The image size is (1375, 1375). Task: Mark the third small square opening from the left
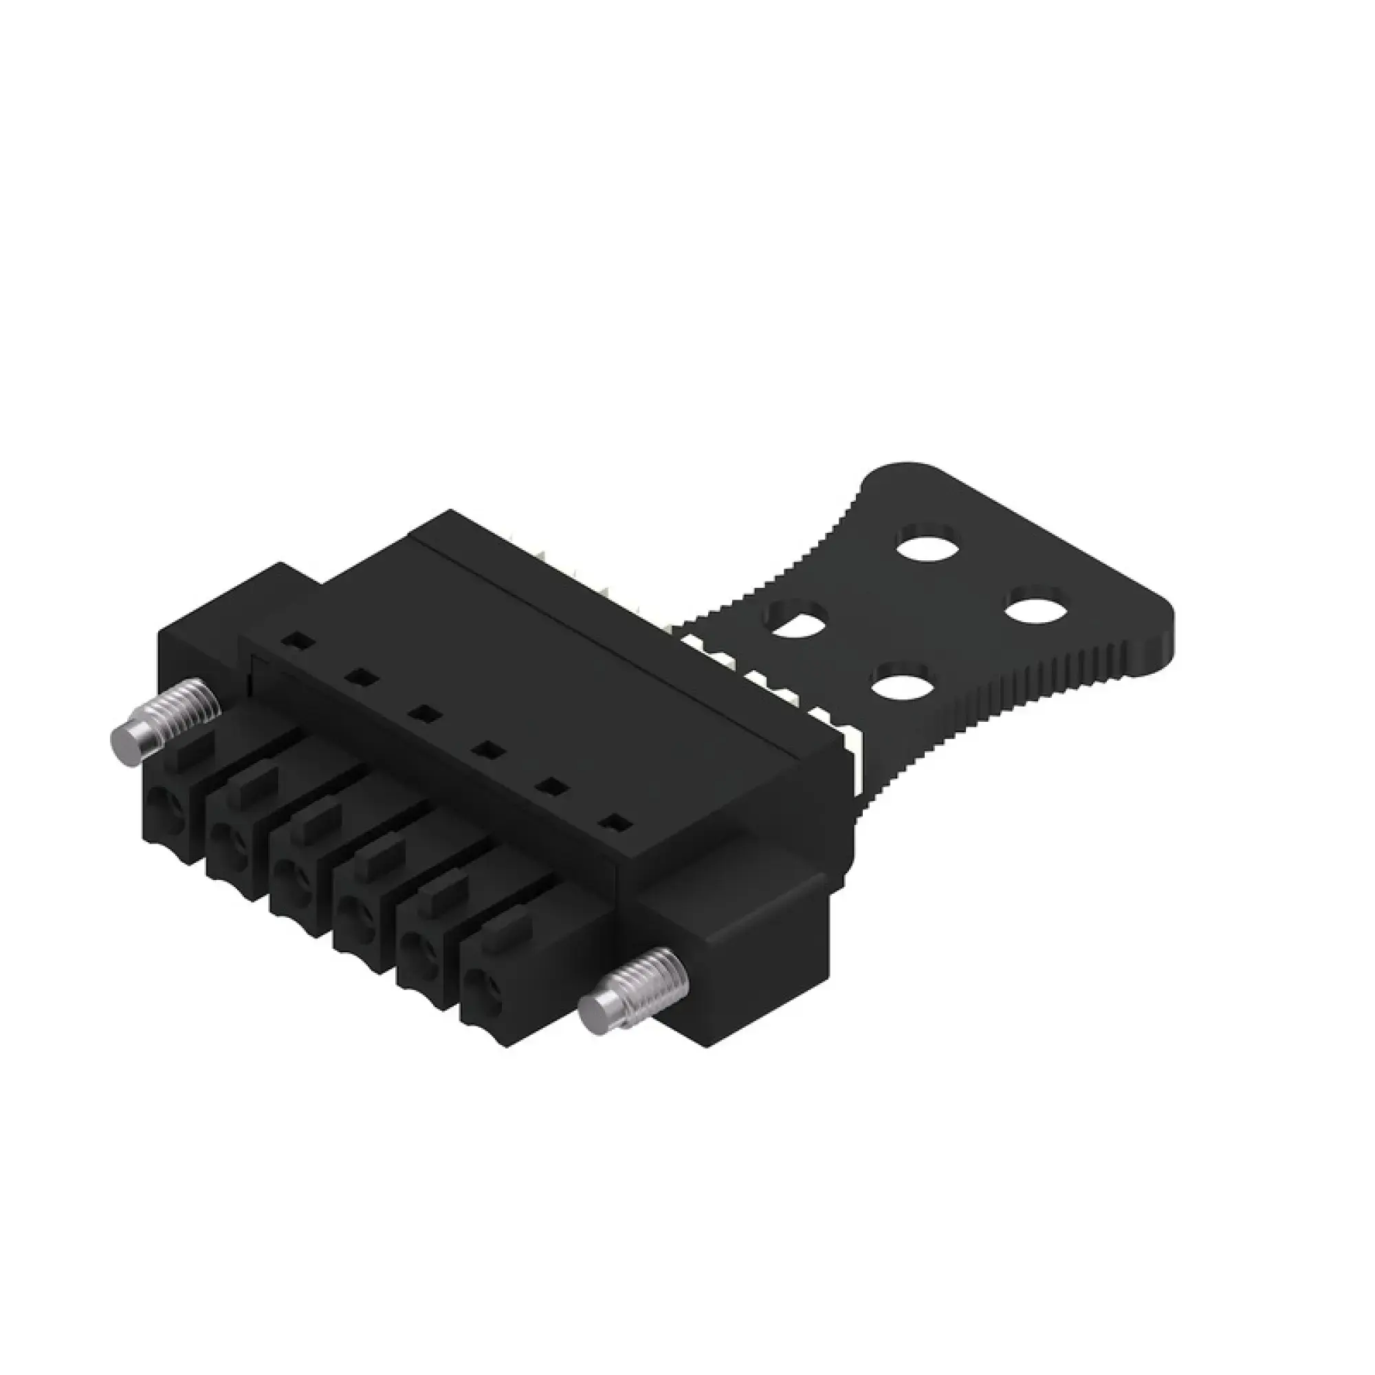pos(426,714)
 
